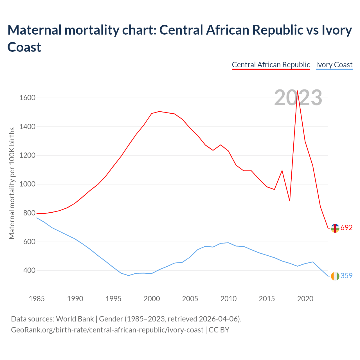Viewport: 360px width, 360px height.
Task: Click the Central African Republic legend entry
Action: pyautogui.click(x=271, y=65)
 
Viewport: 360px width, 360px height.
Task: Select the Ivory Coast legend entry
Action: pyautogui.click(x=334, y=65)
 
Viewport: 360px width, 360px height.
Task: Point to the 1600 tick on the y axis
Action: pyautogui.click(x=27, y=98)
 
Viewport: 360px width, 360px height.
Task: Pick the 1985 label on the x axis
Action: pyautogui.click(x=37, y=299)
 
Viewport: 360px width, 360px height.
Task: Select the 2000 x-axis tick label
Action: pyautogui.click(x=152, y=299)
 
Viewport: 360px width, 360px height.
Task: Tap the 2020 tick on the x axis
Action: pyautogui.click(x=305, y=299)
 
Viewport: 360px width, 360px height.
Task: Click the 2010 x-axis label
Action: pyautogui.click(x=228, y=299)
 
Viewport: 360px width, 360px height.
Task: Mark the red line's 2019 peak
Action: pyautogui.click(x=297, y=91)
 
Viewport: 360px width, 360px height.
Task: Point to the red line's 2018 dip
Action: pyautogui.click(x=290, y=201)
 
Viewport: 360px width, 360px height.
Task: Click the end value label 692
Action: pyautogui.click(x=346, y=228)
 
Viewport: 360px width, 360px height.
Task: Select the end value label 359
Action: pyautogui.click(x=346, y=276)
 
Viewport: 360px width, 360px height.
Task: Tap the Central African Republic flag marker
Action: pyautogui.click(x=335, y=228)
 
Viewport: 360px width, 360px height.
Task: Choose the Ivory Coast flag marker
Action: pyautogui.click(x=335, y=276)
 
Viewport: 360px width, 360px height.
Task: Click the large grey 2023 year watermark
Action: pyautogui.click(x=298, y=98)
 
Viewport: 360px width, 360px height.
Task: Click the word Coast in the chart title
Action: pyautogui.click(x=24, y=47)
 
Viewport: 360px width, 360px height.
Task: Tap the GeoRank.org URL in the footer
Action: pyautogui.click(x=107, y=330)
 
